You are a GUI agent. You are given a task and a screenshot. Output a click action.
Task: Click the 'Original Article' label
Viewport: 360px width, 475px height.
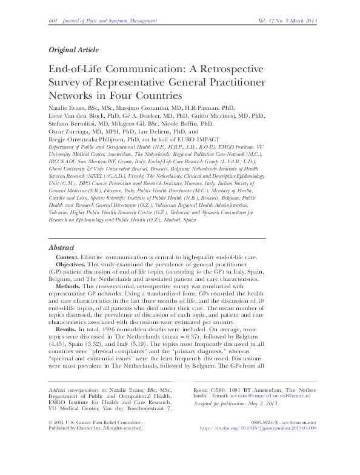(x=73, y=50)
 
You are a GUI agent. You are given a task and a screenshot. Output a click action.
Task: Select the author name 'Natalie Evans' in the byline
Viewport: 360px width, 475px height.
(x=68, y=108)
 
